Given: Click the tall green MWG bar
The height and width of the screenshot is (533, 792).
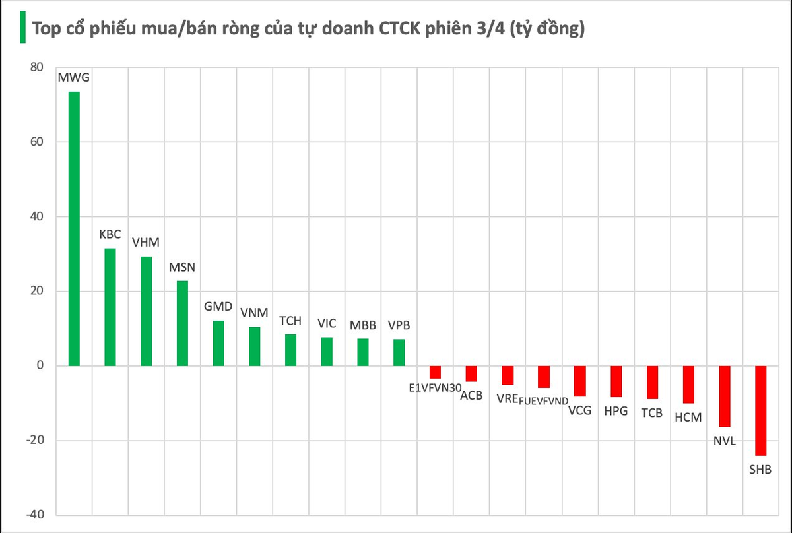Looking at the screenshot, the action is pyautogui.click(x=74, y=229).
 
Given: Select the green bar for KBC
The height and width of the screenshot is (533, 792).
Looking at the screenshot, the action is pyautogui.click(x=110, y=307).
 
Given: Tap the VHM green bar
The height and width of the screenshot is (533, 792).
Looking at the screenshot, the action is pyautogui.click(x=146, y=311).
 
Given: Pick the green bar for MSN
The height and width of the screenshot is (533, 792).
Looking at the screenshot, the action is pyautogui.click(x=182, y=323).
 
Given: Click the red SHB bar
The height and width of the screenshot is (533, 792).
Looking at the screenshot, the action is pyautogui.click(x=760, y=411).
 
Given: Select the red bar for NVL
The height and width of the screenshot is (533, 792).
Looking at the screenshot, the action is pyautogui.click(x=725, y=396).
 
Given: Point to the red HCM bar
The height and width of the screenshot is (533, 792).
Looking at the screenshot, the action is pyautogui.click(x=688, y=385).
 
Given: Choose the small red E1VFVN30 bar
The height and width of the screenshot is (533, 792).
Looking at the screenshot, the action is pyautogui.click(x=435, y=372).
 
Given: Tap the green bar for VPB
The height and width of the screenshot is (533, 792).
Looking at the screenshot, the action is pyautogui.click(x=399, y=353).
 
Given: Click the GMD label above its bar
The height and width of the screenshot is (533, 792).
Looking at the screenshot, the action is pyautogui.click(x=218, y=307).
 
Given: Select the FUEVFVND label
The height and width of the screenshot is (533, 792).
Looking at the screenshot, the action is pyautogui.click(x=543, y=401).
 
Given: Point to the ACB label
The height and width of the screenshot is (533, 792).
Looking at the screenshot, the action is pyautogui.click(x=471, y=396).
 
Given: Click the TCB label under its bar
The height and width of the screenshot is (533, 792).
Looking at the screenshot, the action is pyautogui.click(x=651, y=413).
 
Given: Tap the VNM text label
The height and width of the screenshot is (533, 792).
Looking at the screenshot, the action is pyautogui.click(x=254, y=313).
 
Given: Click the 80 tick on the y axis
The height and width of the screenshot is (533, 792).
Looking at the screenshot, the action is pyautogui.click(x=37, y=67).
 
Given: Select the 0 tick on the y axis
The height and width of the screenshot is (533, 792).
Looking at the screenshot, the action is pyautogui.click(x=40, y=365).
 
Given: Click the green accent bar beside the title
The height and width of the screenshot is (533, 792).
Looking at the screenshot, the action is pyautogui.click(x=22, y=27).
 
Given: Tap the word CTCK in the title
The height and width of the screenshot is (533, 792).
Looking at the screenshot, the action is pyautogui.click(x=399, y=28).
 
